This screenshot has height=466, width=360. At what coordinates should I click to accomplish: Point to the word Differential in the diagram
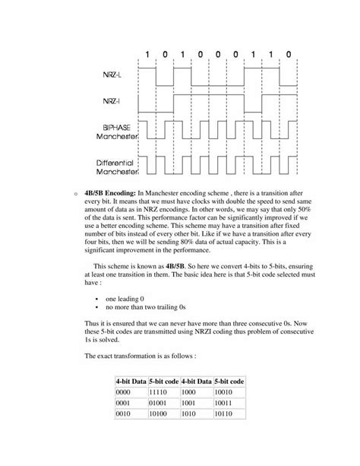(111, 162)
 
